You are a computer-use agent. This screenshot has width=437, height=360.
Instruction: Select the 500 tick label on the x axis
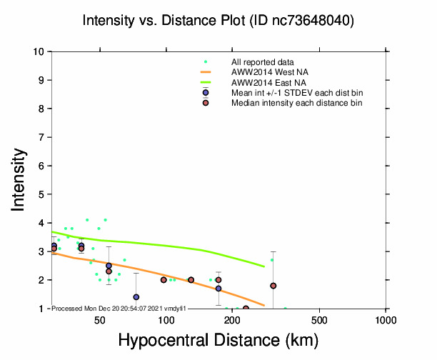[320, 319]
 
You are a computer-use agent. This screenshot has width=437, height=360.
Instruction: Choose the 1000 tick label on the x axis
[386, 319]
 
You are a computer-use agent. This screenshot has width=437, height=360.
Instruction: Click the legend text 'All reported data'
[262, 62]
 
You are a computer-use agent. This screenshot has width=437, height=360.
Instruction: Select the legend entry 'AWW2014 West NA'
[264, 72]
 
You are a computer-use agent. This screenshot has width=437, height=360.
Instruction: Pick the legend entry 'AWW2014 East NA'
[263, 83]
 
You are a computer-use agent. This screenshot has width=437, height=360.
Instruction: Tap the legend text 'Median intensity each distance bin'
[296, 104]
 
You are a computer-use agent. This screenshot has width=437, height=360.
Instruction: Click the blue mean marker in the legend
[206, 93]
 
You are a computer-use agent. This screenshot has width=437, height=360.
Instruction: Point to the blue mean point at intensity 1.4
[136, 297]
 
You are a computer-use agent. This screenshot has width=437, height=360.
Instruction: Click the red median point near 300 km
[273, 286]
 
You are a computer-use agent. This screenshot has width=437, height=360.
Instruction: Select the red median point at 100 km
[164, 280]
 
